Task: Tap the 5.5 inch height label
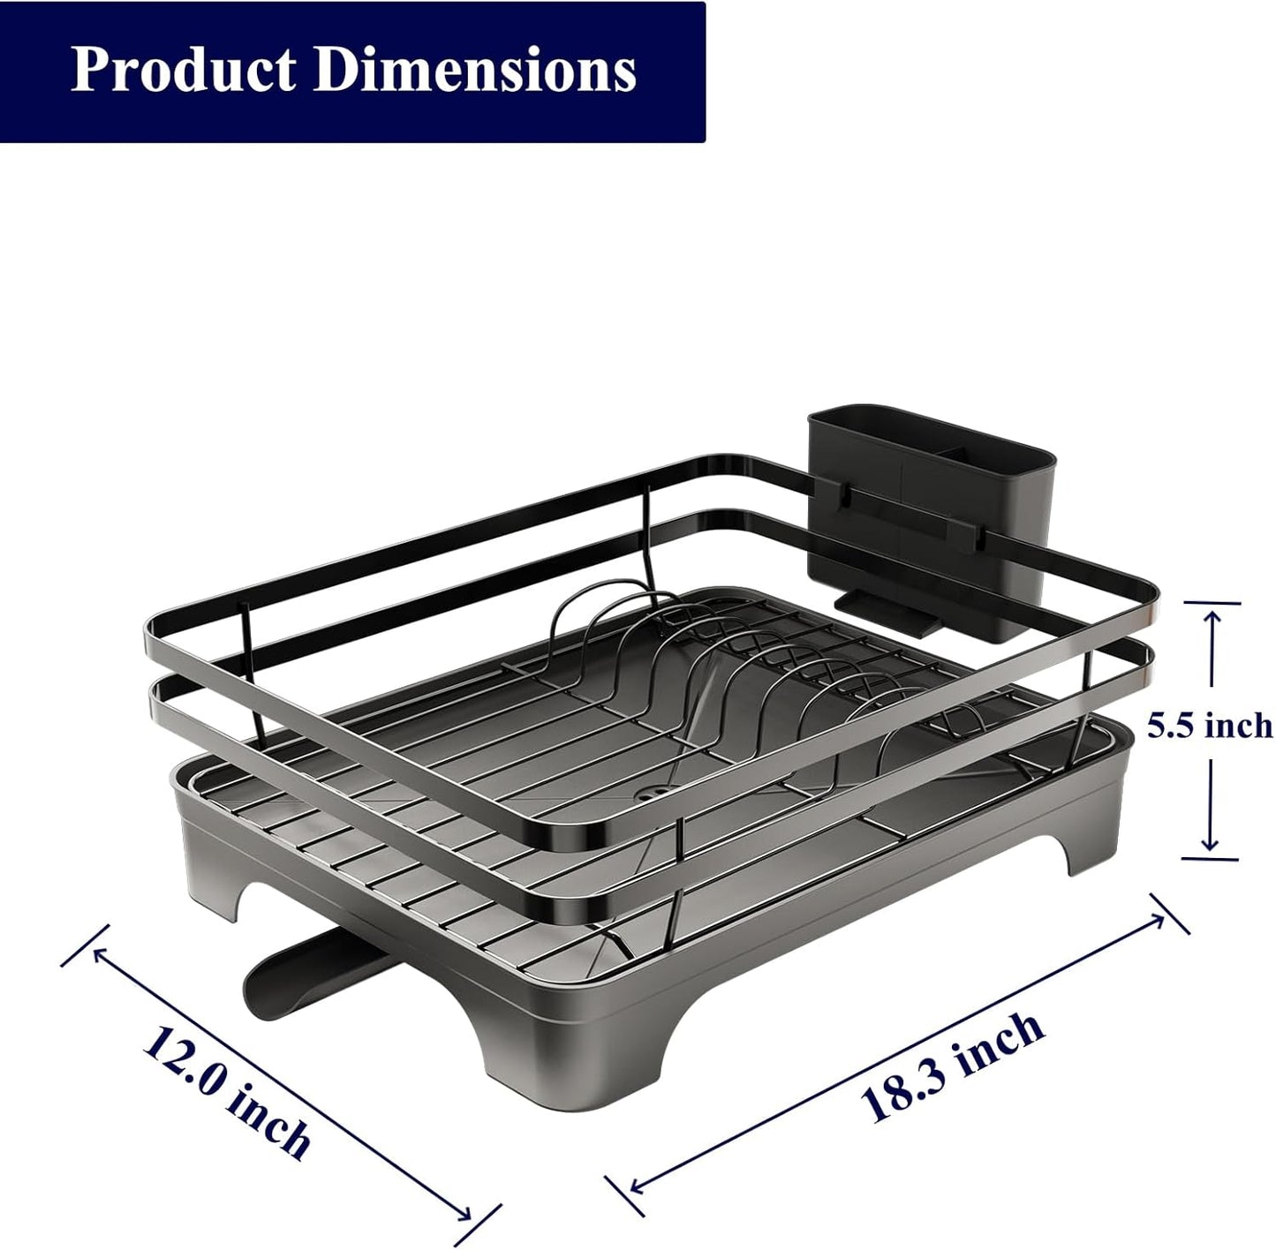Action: click(1209, 726)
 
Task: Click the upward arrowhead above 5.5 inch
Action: click(1211, 620)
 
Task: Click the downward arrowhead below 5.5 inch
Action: click(1210, 844)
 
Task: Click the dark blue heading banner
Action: click(353, 71)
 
